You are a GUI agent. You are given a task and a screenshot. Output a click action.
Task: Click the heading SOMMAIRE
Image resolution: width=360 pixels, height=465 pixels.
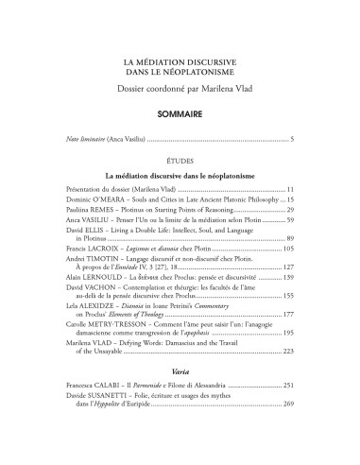180,112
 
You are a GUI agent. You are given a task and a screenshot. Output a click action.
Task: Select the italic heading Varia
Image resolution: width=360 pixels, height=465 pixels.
180,373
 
